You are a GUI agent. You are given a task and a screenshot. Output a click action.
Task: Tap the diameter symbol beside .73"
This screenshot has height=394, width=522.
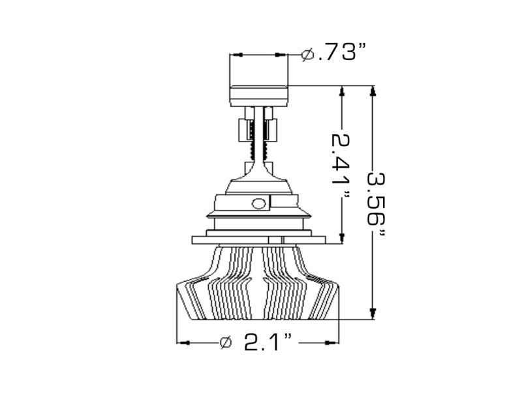point(309,55)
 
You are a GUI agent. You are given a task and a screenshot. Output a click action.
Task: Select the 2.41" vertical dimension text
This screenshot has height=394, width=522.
point(341,160)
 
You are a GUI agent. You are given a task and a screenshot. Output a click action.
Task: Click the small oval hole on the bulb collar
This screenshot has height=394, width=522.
point(259,203)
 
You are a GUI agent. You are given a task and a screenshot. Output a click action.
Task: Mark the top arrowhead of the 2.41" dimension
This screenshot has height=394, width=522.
point(341,92)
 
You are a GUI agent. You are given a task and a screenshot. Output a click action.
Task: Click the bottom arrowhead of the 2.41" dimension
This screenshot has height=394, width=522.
point(341,236)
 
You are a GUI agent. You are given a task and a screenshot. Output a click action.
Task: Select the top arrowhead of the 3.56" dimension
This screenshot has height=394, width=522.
point(373,92)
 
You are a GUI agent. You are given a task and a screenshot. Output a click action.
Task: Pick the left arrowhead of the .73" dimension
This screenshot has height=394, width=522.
point(235,55)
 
